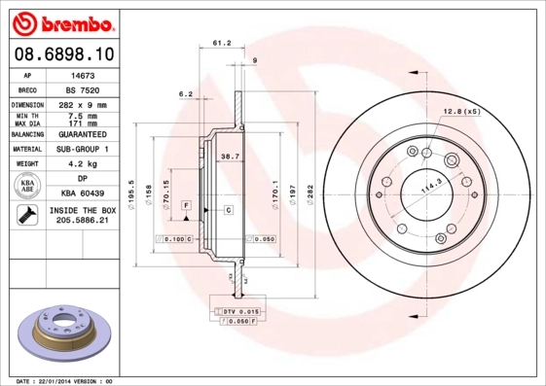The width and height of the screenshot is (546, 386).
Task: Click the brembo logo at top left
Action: pyautogui.click(x=66, y=21)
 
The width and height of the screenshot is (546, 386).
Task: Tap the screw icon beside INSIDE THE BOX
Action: pyautogui.click(x=26, y=216)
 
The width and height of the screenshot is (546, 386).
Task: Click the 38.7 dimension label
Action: pyautogui.click(x=230, y=157)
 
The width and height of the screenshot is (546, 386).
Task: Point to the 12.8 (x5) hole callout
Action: pyautogui.click(x=459, y=112)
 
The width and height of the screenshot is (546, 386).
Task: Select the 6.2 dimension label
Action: pyautogui.click(x=185, y=94)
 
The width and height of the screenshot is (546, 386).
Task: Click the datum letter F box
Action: pyautogui.click(x=185, y=206)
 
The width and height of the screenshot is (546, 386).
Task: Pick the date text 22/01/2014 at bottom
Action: pyautogui.click(x=71, y=380)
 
